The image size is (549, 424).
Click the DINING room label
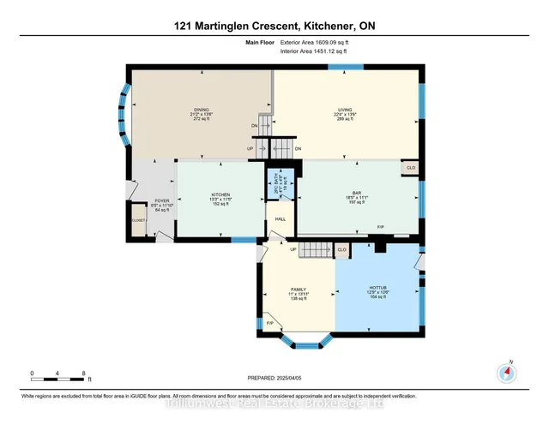click(202, 110)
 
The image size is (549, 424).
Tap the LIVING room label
click(346, 110)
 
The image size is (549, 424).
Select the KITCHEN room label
click(220, 194)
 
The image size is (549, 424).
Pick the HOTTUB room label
click(379, 289)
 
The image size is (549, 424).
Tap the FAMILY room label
click(298, 290)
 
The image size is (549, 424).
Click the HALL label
click(279, 219)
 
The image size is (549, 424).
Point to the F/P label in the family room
click(269, 323)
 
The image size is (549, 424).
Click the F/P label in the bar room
click(380, 227)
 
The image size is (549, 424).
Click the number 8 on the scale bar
click(84, 373)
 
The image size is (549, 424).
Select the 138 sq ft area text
click(298, 300)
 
